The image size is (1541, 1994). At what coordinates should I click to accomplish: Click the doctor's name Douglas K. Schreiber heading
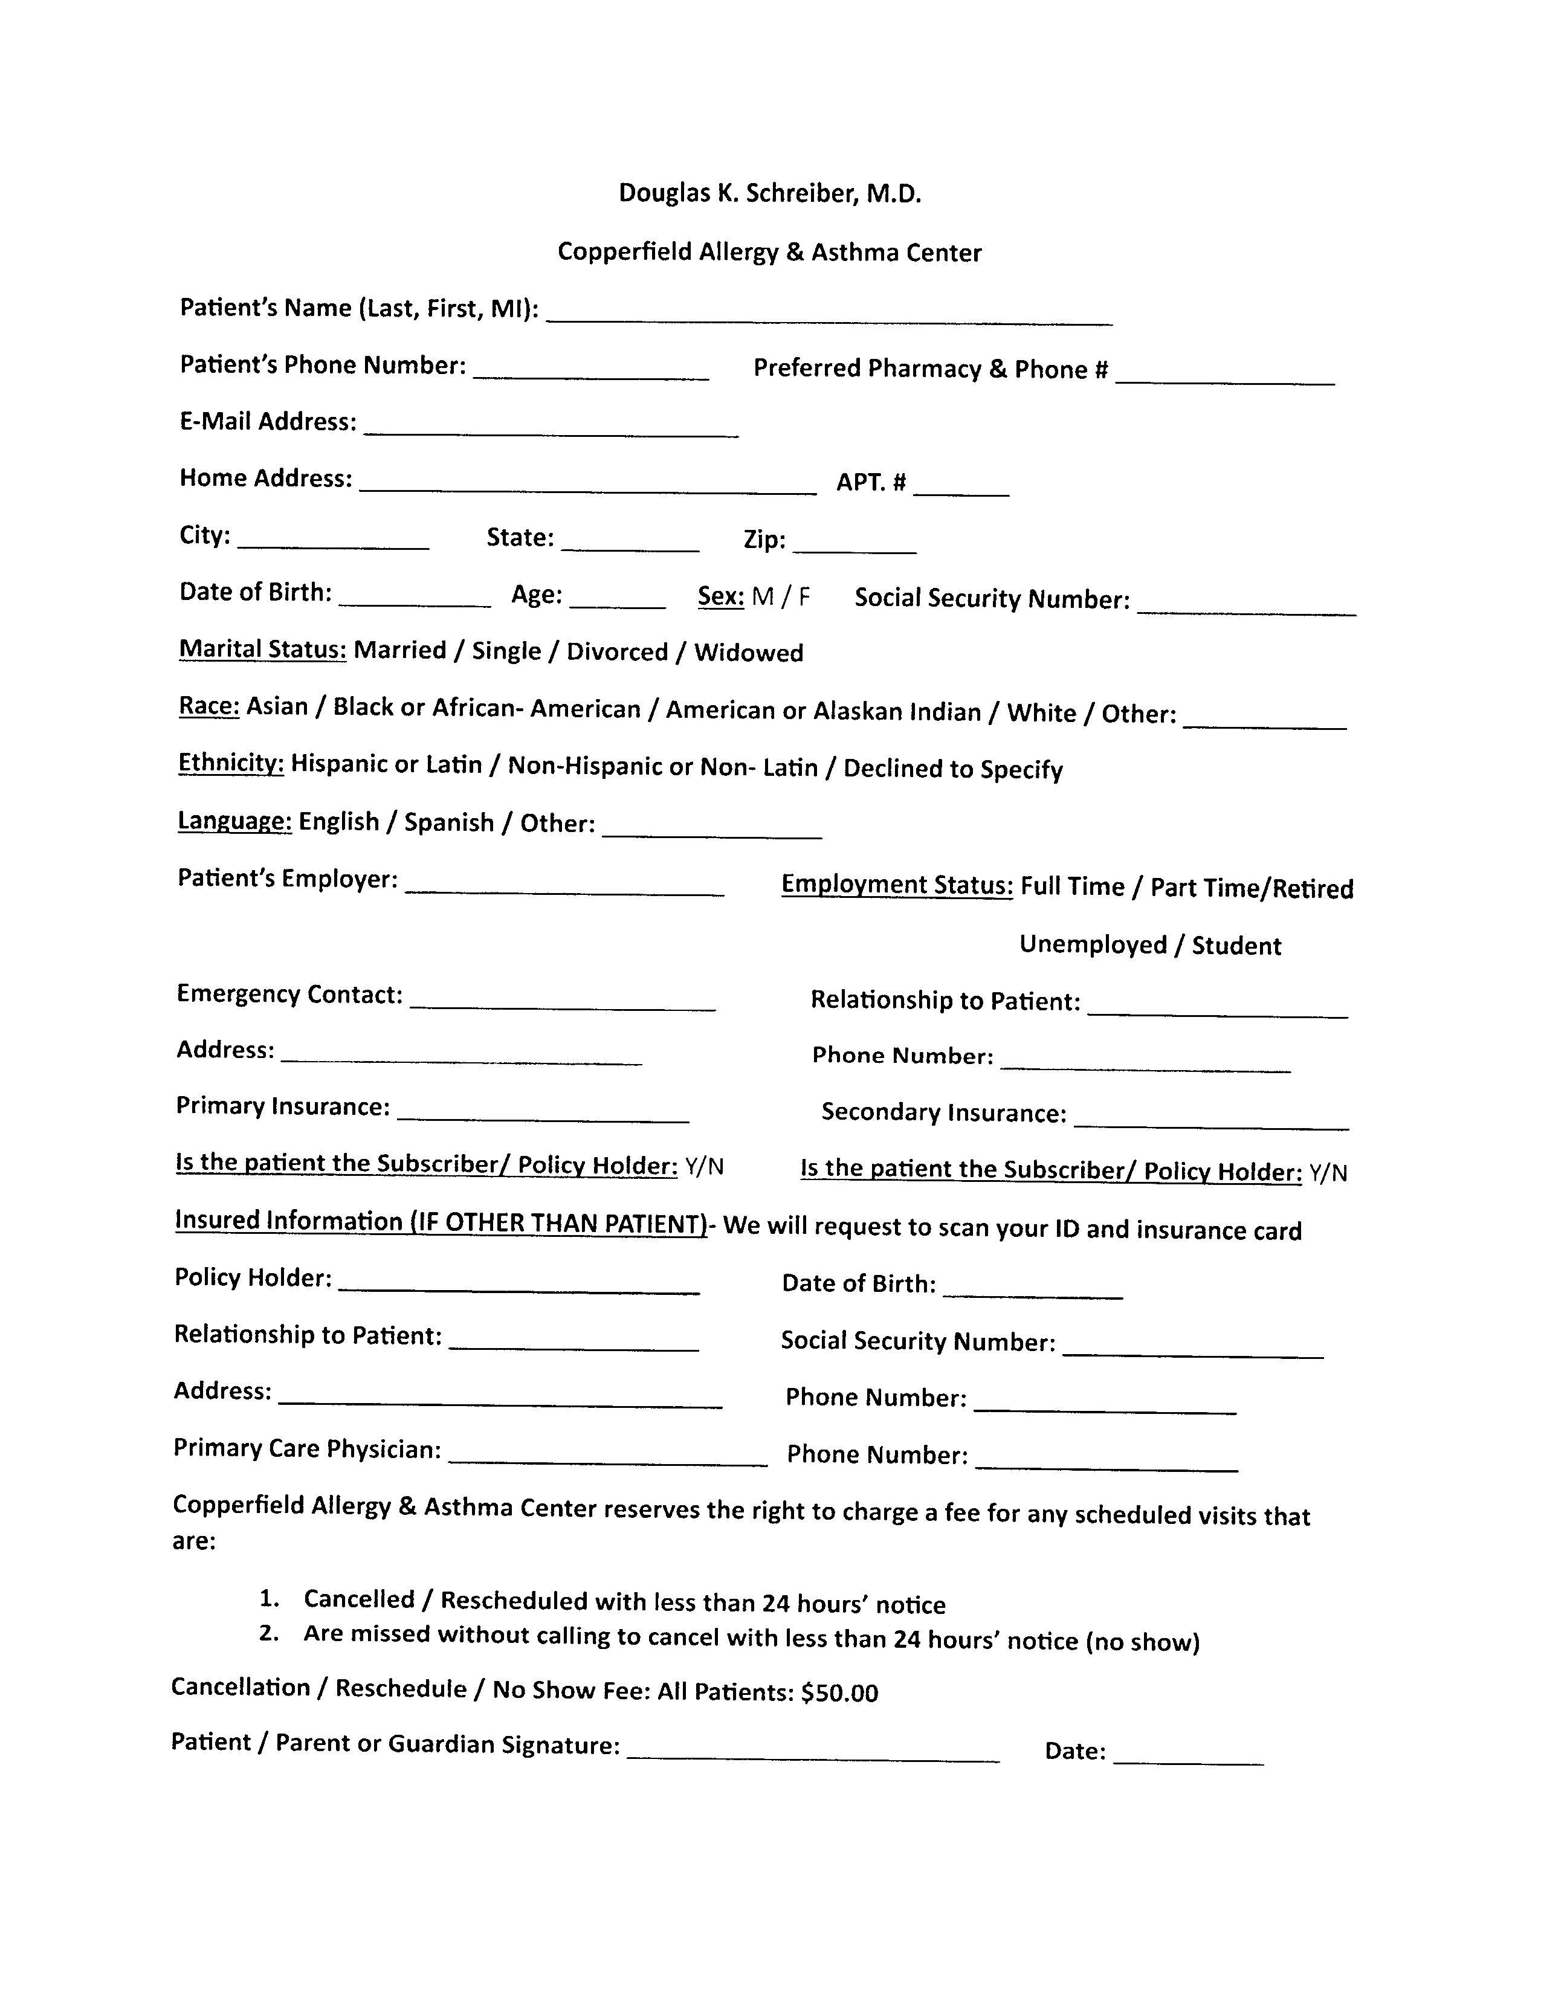(769, 193)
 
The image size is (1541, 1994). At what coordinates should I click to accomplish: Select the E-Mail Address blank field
(551, 427)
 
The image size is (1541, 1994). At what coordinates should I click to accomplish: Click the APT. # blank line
(960, 486)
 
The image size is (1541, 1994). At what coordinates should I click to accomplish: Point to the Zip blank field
(854, 545)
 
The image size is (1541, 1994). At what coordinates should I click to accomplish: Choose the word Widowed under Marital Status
(749, 653)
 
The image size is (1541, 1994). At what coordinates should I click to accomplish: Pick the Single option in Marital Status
(506, 651)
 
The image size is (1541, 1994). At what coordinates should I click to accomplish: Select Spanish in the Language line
(449, 822)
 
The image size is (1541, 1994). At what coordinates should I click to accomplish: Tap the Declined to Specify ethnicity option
(953, 769)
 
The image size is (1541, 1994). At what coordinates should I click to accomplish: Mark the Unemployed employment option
(1093, 945)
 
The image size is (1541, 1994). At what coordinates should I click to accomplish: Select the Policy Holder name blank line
(519, 1285)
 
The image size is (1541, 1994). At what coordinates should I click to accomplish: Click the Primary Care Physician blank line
(608, 1457)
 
